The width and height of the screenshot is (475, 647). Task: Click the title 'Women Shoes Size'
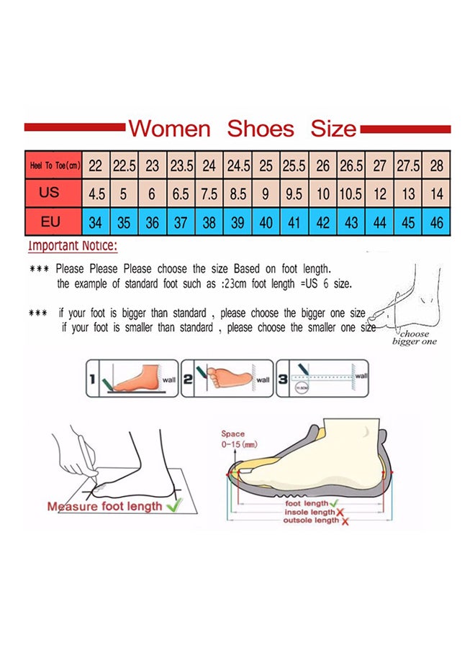point(243,129)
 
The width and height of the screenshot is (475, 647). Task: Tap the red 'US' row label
point(50,193)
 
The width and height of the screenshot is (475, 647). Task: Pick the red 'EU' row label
point(50,221)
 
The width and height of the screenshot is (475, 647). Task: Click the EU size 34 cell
point(96,222)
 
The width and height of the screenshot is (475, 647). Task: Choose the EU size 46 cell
point(436,222)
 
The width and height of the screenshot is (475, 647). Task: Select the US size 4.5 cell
point(96,194)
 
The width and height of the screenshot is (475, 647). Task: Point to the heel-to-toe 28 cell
point(436,166)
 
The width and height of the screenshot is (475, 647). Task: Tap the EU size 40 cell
point(266,222)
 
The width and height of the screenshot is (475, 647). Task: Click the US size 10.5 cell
point(350,194)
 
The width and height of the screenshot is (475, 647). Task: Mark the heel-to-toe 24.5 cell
point(237,166)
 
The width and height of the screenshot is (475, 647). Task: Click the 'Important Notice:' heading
point(72,247)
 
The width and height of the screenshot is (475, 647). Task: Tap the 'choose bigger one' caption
point(415,337)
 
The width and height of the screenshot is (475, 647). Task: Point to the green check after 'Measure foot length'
point(174,505)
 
